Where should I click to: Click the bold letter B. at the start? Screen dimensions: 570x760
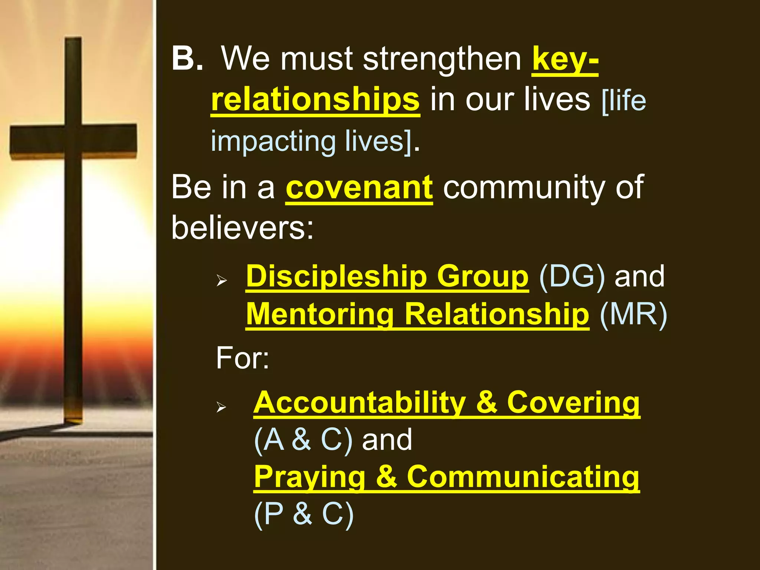point(187,58)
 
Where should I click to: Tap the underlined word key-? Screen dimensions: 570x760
point(565,59)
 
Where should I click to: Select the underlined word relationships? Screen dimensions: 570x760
point(315,100)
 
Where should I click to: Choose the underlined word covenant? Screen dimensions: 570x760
point(359,187)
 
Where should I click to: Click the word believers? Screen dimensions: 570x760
point(242,227)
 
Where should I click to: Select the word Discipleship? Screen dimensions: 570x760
point(336,276)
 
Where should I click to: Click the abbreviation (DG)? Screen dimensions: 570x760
point(571,276)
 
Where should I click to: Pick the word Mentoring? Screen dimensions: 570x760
point(320,314)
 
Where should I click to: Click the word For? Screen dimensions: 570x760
point(243,358)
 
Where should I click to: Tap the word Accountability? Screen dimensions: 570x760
point(360,403)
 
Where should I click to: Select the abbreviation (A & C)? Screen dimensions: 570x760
point(303,440)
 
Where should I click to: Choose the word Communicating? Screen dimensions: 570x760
point(523,477)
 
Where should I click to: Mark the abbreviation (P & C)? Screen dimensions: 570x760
point(304,514)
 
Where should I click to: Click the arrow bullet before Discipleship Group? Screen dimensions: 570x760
point(222,281)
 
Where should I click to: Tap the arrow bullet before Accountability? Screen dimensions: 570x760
point(222,407)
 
